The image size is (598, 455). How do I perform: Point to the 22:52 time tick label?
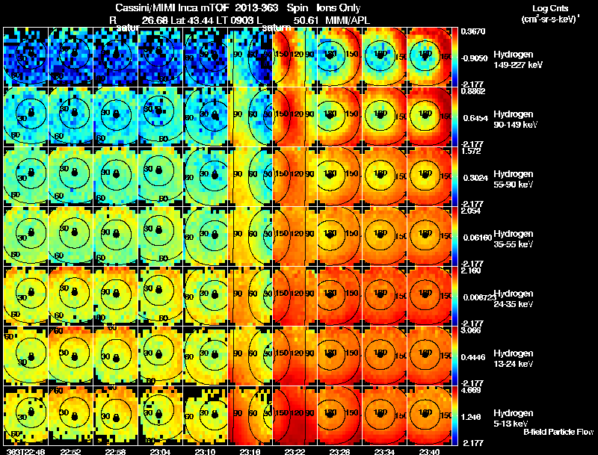click(70, 451)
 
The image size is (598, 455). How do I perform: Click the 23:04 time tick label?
click(160, 451)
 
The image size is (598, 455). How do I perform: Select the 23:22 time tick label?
click(295, 451)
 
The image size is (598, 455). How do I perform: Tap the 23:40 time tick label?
click(429, 451)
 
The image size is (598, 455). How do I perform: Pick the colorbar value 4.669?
click(472, 389)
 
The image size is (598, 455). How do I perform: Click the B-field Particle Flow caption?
click(558, 432)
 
